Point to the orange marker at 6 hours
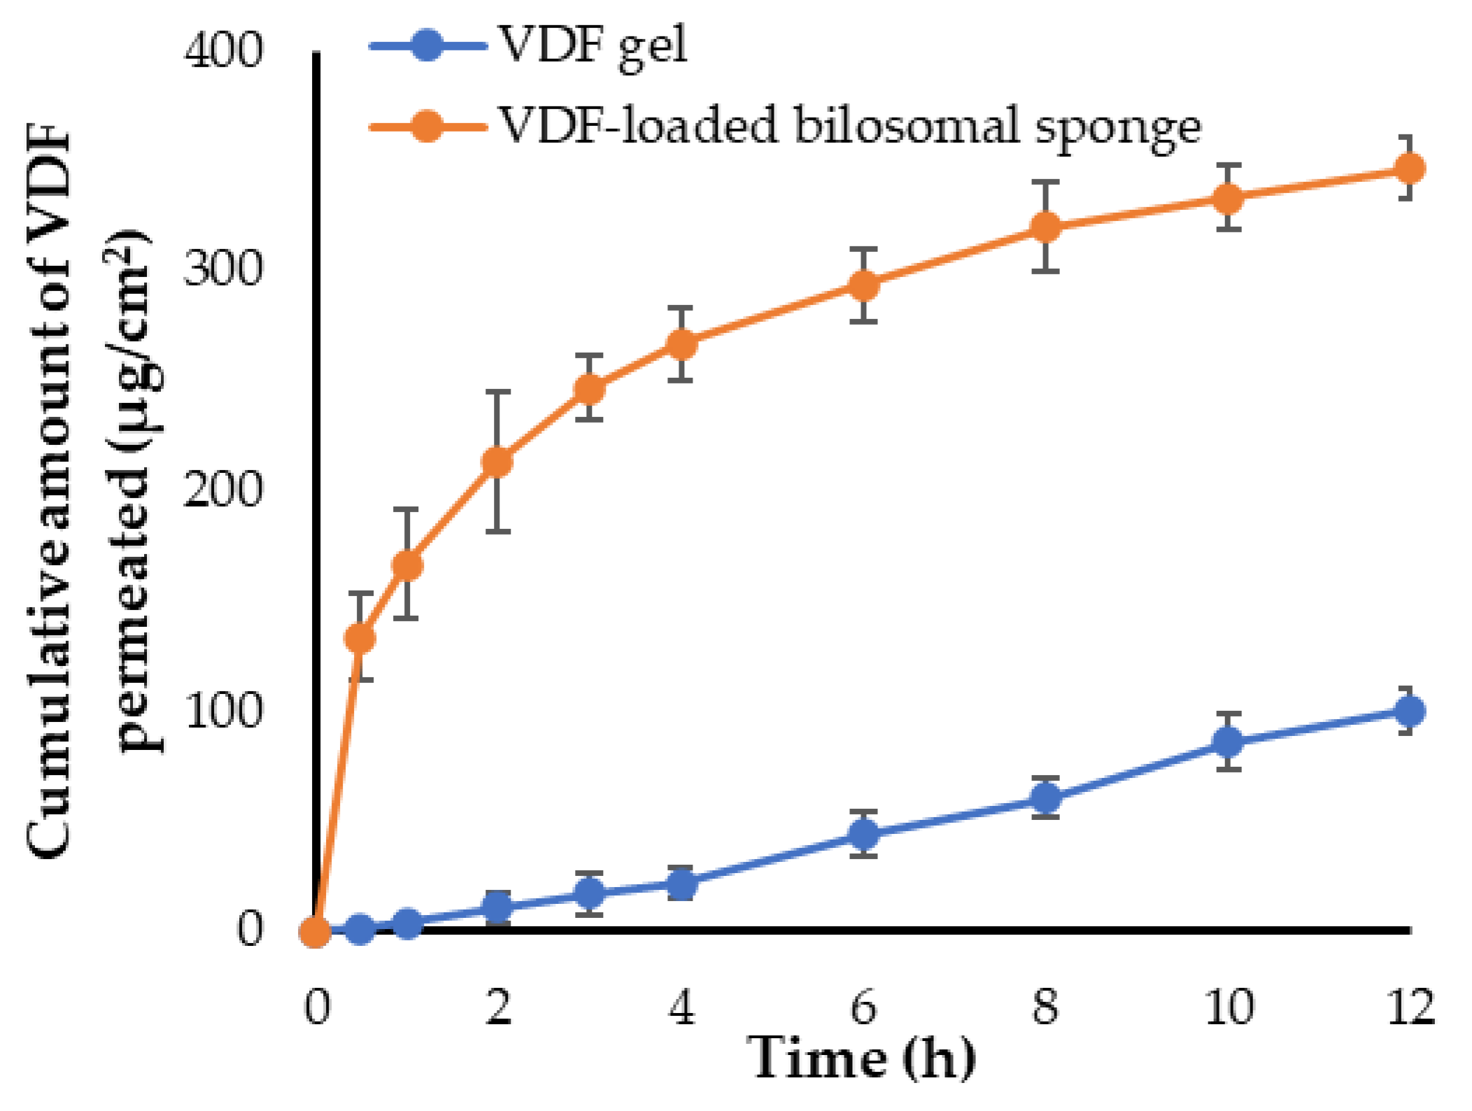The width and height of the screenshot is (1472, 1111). click(x=864, y=285)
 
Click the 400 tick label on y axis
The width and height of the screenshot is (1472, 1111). click(x=222, y=52)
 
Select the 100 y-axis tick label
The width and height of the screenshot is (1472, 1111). click(x=222, y=712)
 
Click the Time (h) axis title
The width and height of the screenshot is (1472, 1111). click(x=862, y=1059)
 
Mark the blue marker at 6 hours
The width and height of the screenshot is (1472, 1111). click(x=864, y=833)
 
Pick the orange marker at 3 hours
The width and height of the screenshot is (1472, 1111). click(x=589, y=388)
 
